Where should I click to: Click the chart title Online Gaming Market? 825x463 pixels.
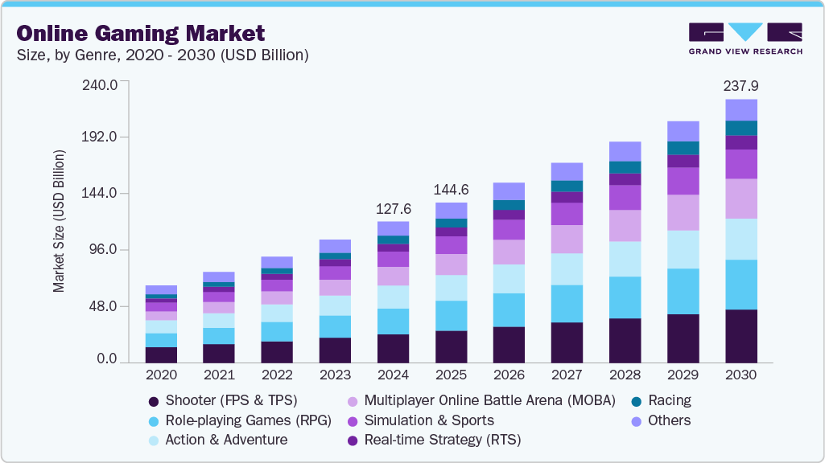point(141,33)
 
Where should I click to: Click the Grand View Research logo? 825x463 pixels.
point(745,39)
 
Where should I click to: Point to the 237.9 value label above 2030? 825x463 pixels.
point(740,85)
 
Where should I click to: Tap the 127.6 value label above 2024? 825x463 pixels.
point(393,208)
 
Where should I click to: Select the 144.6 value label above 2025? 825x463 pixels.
point(451,190)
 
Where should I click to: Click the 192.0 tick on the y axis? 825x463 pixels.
point(101,137)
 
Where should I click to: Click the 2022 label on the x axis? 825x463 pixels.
point(277,375)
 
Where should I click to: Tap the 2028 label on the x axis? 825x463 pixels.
point(625,375)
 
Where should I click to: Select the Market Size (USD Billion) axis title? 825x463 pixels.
point(59,219)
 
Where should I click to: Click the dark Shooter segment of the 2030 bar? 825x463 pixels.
point(740,336)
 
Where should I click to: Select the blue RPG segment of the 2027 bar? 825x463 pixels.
point(567,304)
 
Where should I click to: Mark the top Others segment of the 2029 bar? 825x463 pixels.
point(683,131)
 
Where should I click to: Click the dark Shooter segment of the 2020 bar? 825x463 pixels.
point(161,354)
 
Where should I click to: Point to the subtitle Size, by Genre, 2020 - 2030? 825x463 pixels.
point(163,55)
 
